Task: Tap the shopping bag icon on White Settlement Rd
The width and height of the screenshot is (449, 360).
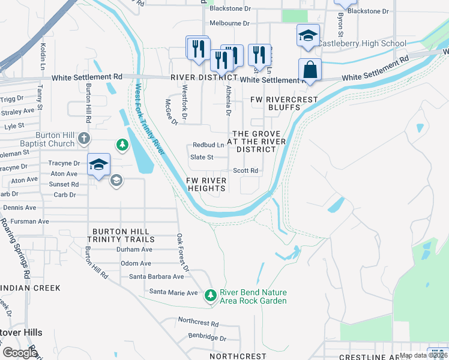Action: [x=310, y=70]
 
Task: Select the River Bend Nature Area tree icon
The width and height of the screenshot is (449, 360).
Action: [x=210, y=295]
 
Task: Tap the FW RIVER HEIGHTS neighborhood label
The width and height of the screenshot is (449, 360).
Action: [x=206, y=184]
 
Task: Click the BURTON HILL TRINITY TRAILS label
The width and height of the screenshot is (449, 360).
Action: [x=117, y=235]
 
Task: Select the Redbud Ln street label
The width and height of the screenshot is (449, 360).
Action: [x=208, y=145]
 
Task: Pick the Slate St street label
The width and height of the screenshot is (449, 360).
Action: [x=202, y=158]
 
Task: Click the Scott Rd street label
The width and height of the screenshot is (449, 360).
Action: [x=246, y=170]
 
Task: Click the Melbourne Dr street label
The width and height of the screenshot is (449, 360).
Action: [x=229, y=23]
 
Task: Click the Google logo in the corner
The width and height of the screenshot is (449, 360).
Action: [x=20, y=352]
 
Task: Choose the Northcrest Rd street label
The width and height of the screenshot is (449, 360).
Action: [x=198, y=323]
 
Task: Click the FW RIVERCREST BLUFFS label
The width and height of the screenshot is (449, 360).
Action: [x=274, y=103]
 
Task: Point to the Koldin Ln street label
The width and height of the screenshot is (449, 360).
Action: [x=43, y=55]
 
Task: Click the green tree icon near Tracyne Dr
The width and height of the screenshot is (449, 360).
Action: [x=122, y=145]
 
